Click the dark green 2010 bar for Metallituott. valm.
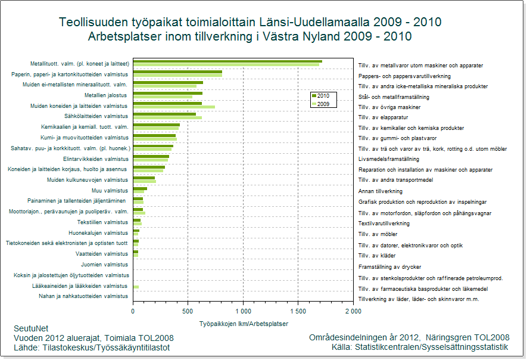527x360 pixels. [226, 61]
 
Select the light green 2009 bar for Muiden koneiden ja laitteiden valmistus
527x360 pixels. [173, 107]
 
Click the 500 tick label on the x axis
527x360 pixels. [188, 311]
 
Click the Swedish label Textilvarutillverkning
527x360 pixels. [384, 223]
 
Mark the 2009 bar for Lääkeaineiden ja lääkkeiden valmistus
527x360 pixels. [136, 287]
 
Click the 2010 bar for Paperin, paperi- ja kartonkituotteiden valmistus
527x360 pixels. [177, 72]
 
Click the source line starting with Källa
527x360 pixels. [420, 347]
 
